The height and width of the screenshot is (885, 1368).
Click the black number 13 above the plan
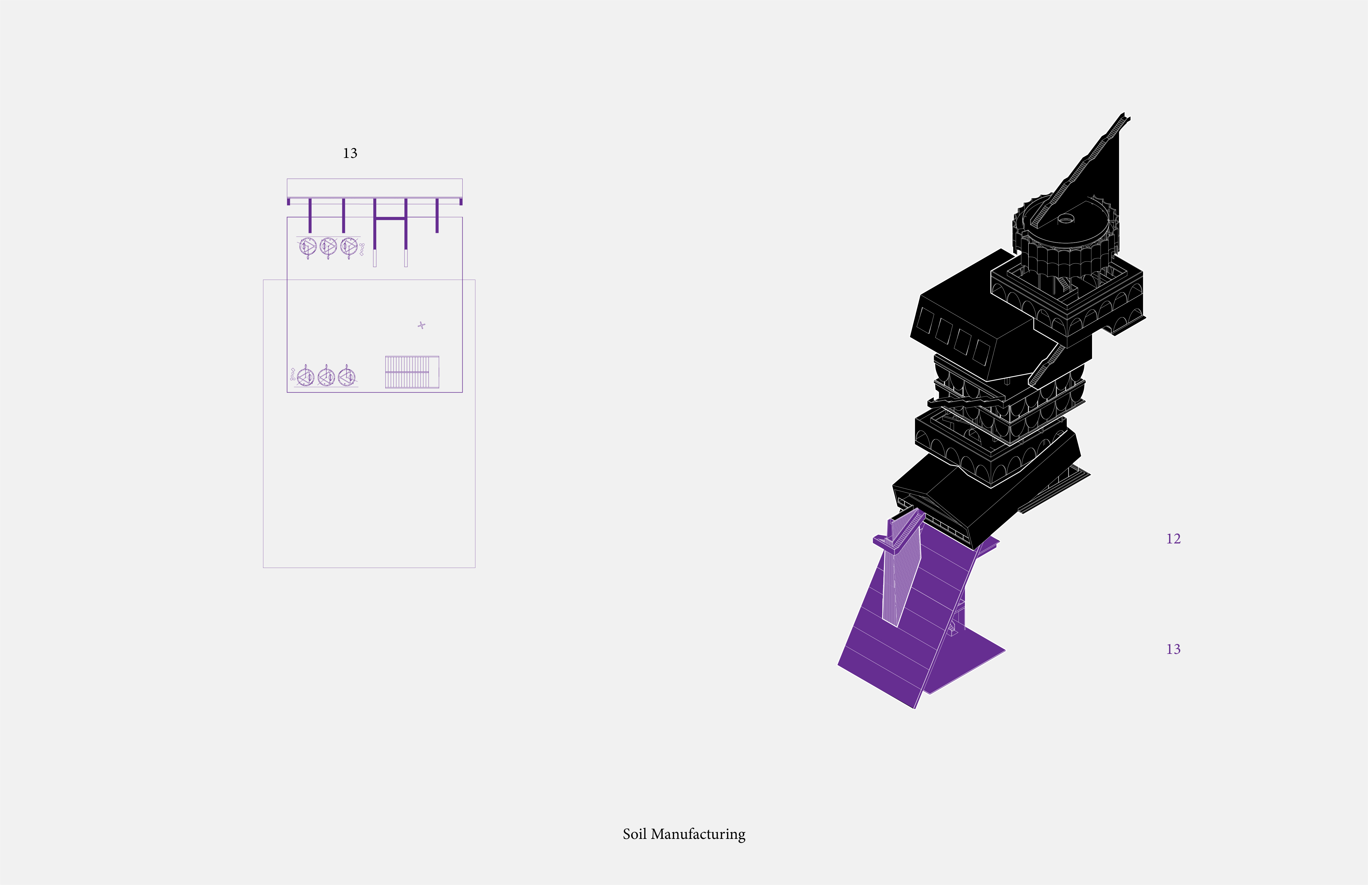click(x=350, y=153)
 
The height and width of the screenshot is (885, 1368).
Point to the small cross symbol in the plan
click(x=421, y=325)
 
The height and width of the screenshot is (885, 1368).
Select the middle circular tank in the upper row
click(x=328, y=247)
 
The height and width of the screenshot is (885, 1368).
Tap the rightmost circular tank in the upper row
click(x=349, y=247)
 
